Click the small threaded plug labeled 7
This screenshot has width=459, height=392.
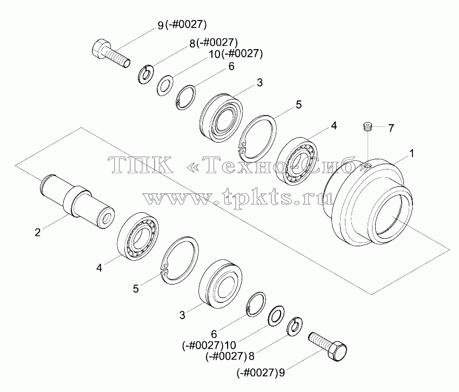[367, 126]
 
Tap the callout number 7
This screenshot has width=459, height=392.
[391, 128]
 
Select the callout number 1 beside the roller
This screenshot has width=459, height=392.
[411, 153]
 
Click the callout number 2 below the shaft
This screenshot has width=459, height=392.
[37, 233]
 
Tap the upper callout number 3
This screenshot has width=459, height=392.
[260, 83]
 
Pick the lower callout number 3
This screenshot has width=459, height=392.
[182, 315]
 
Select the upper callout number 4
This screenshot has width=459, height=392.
[334, 126]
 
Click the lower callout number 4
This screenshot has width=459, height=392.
[99, 268]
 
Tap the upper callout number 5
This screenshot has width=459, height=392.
[298, 105]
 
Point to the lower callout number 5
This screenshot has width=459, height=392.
[136, 289]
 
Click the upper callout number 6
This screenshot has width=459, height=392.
[231, 66]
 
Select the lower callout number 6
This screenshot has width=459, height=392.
[214, 334]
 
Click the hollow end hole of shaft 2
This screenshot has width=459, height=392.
[107, 218]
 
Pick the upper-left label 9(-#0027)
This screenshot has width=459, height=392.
[182, 25]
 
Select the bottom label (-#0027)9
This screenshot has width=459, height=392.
[261, 373]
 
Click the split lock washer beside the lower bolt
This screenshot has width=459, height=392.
[295, 326]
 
